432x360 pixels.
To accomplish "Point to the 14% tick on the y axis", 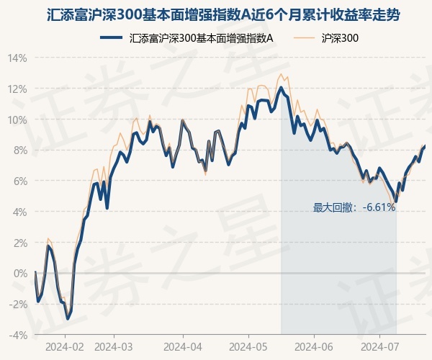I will click(x=17, y=58).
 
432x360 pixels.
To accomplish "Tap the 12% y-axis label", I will click(x=17, y=89).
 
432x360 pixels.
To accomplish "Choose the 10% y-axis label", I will click(x=17, y=120).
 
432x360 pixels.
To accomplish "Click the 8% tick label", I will click(x=19, y=150).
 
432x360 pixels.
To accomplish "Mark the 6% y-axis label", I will click(x=19, y=181).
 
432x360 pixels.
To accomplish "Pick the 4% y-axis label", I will click(x=19, y=212).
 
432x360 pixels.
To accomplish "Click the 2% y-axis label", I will click(x=19, y=243).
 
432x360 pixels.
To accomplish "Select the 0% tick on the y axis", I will click(x=19, y=274).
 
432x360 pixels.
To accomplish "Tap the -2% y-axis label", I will click(x=17, y=305).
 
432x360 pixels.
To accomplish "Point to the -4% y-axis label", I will click(x=17, y=336).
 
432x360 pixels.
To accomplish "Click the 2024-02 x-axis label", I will click(x=65, y=346).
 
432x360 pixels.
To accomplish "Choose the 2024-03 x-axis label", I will click(x=114, y=346).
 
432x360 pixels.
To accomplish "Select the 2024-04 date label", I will click(x=183, y=346).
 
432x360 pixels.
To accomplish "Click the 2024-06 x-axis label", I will click(x=314, y=346).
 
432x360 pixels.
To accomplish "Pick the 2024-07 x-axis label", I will click(x=379, y=346).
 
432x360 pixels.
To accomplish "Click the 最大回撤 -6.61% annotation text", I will click(x=354, y=207).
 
